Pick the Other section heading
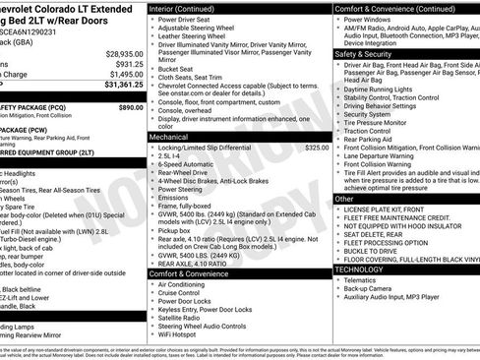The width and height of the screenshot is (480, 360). pos(344,199)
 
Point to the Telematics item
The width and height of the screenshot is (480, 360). pos(364,279)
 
